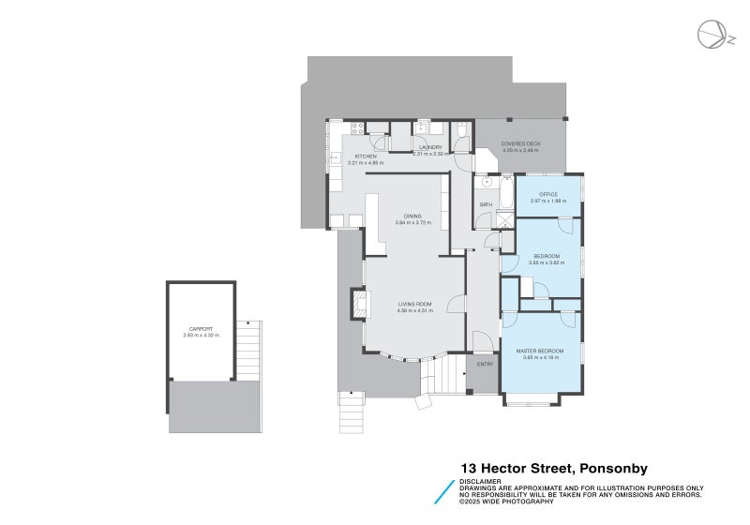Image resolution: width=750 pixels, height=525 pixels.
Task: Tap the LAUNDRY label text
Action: click(x=431, y=147)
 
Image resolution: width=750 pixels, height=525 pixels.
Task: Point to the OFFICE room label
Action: click(x=547, y=195)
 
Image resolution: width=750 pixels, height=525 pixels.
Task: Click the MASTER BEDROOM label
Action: click(x=539, y=352)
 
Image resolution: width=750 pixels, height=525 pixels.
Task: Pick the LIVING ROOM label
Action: click(x=414, y=304)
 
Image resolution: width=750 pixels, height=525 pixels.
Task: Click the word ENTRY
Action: click(x=485, y=364)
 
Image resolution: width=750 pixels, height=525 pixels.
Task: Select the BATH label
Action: click(x=486, y=204)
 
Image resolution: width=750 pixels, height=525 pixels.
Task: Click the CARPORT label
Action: click(x=201, y=329)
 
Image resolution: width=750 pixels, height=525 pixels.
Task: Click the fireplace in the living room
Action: click(x=360, y=304)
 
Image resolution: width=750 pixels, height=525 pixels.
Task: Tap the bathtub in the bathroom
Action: click(x=507, y=194)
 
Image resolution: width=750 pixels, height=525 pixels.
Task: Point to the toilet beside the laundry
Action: click(x=462, y=131)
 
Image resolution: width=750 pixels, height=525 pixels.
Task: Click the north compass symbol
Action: click(x=711, y=35)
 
